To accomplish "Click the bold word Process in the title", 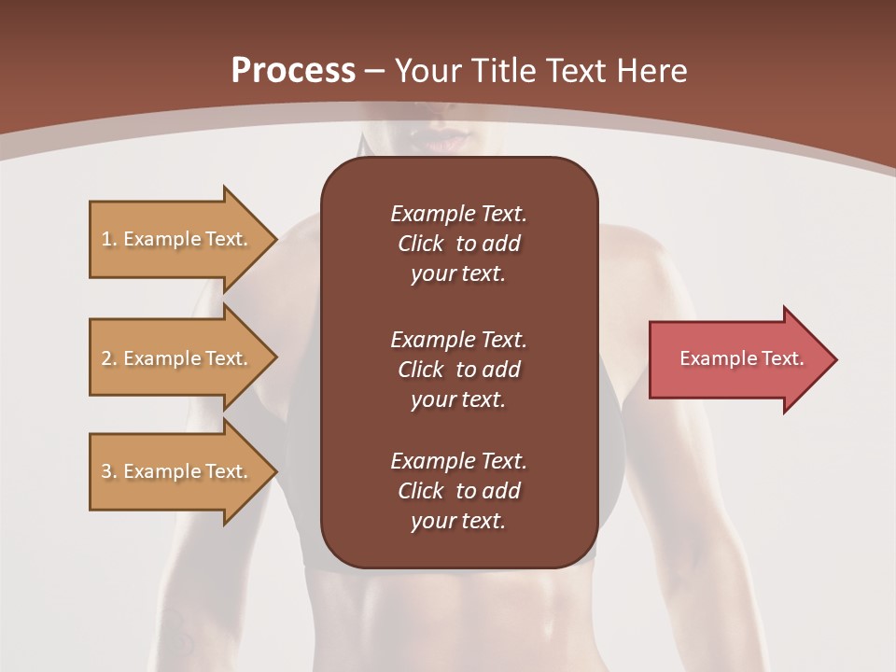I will (x=293, y=71).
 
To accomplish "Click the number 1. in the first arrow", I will (x=109, y=239).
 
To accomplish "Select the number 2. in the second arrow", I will (x=109, y=358).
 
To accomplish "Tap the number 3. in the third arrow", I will (x=109, y=471).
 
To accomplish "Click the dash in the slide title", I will (x=375, y=71).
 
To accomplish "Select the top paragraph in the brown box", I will (x=458, y=244).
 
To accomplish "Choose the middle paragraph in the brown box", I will (x=458, y=369).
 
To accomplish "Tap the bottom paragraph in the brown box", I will (x=458, y=491).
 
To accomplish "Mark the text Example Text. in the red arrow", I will (x=741, y=358).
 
